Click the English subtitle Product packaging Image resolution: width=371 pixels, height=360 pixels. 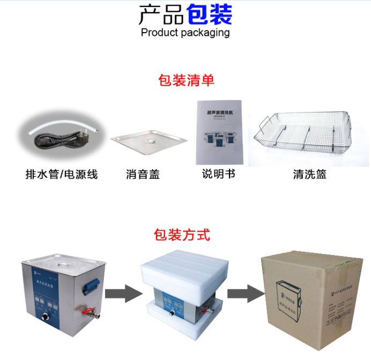[x=185, y=33]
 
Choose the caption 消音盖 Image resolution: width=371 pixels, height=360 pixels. [x=143, y=174]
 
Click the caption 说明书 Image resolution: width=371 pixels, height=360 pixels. [x=218, y=174]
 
